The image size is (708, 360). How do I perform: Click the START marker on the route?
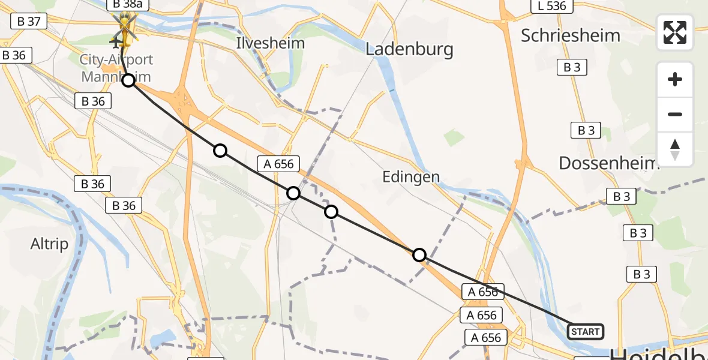click(585, 331)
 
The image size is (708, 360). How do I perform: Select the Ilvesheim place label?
click(270, 43)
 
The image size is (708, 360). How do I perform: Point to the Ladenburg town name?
click(409, 49)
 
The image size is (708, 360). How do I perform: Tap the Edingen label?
click(411, 177)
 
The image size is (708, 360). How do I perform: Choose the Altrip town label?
click(49, 244)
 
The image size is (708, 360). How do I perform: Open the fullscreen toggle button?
click(675, 32)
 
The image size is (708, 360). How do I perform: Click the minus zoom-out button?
click(675, 114)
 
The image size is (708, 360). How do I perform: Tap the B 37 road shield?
click(29, 22)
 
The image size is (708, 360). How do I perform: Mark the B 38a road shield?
click(125, 5)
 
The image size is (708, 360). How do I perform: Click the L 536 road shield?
click(552, 6)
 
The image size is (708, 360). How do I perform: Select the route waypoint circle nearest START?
click(419, 255)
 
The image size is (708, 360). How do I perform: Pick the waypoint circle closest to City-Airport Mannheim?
click(128, 80)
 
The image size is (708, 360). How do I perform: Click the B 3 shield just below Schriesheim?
click(572, 67)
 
